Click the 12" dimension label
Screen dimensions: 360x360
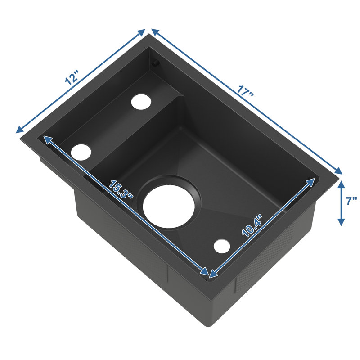coord(72,78)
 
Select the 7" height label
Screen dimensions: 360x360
coord(352,201)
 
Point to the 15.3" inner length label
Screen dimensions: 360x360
coord(121,189)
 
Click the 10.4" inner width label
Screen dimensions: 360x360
coord(252,226)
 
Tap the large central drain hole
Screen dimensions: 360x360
coord(169,206)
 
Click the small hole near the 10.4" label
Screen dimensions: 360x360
coord(222,246)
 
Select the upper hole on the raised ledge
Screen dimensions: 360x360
coord(141,100)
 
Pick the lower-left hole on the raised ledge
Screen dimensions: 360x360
coord(81,152)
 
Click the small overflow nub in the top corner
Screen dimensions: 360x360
coord(156,63)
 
